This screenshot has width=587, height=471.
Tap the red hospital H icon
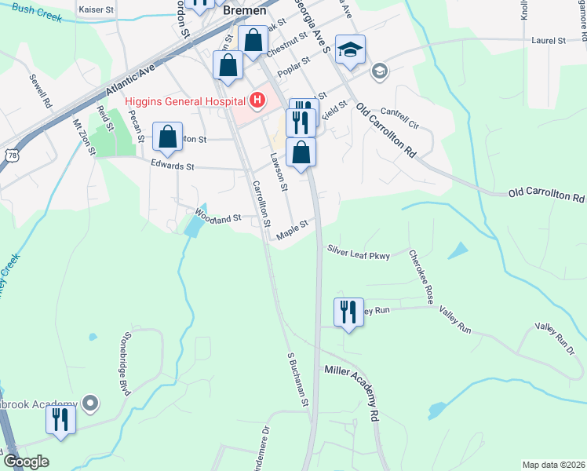point(257,100)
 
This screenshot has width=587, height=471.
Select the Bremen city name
point(245,12)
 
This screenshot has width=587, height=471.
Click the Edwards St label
point(172,166)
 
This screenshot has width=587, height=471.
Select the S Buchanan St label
point(297,380)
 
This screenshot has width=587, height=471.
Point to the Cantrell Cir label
point(400,119)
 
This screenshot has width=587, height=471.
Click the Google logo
point(26,462)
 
